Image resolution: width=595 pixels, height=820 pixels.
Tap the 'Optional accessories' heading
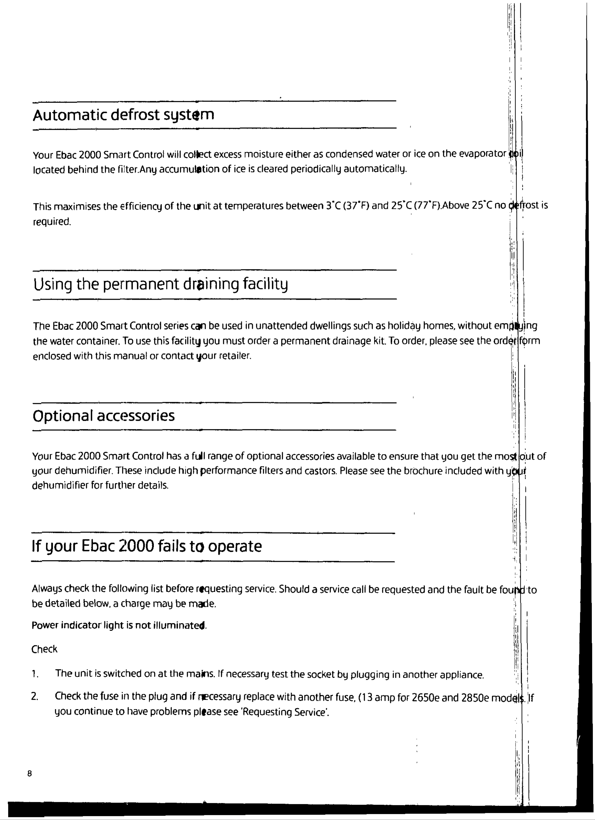(x=103, y=416)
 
